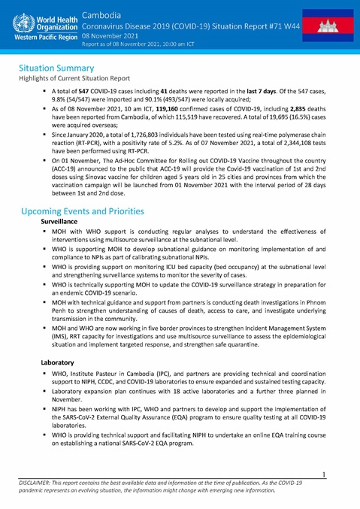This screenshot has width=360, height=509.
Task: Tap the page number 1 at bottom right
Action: click(324, 475)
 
